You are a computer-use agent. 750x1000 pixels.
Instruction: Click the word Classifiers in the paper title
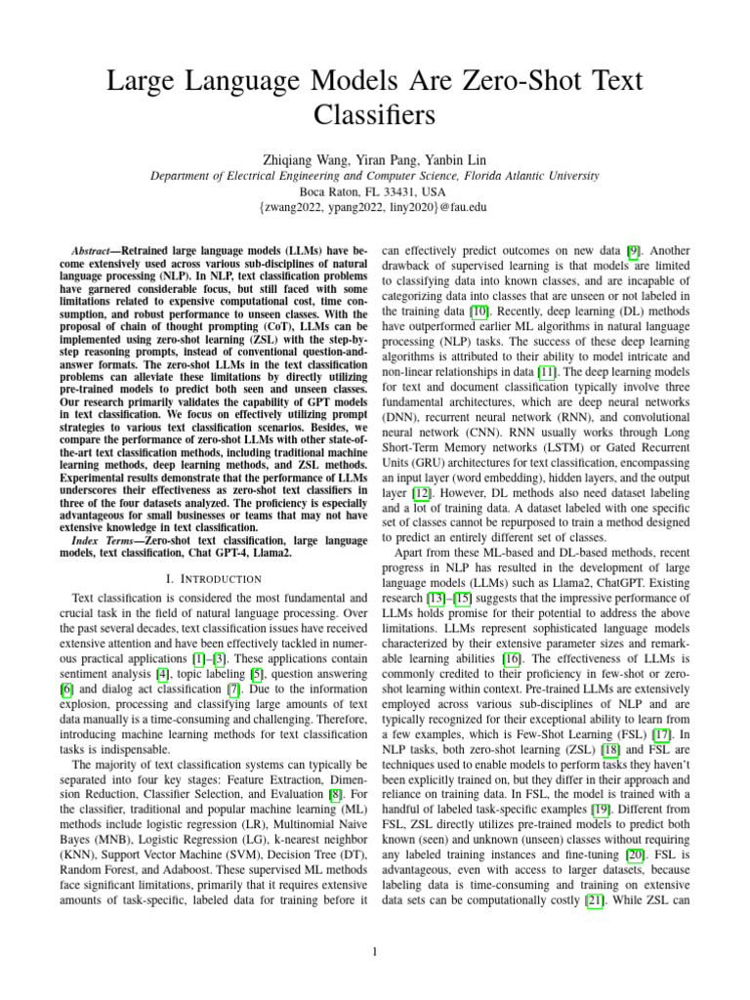pos(374,115)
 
